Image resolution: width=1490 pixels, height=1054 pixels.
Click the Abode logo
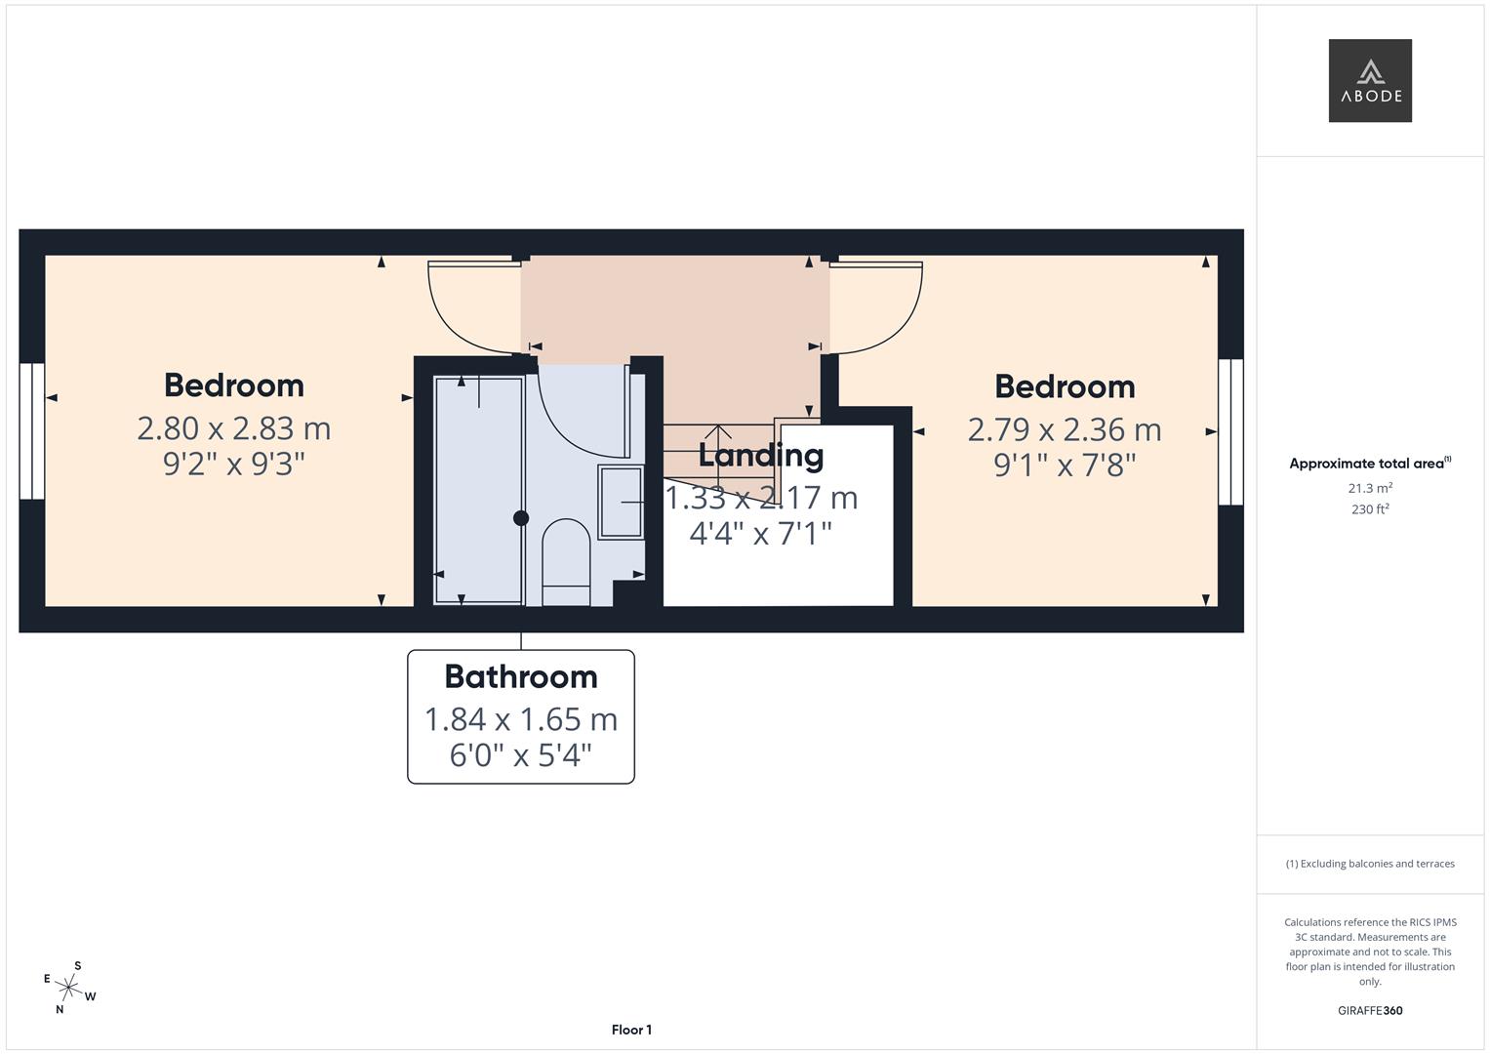pyautogui.click(x=1370, y=81)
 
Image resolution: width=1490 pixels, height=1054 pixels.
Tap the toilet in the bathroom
pyautogui.click(x=566, y=561)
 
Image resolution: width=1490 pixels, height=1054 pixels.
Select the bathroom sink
pyautogui.click(x=621, y=502)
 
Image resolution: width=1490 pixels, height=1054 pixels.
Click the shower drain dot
pyautogui.click(x=521, y=518)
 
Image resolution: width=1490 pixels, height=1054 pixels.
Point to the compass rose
pyautogui.click(x=69, y=987)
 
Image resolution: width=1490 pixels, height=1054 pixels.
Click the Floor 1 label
pyautogui.click(x=631, y=1030)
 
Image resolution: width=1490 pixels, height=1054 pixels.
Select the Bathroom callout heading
pyautogui.click(x=520, y=676)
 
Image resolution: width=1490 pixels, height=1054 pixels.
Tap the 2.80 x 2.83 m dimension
pyautogui.click(x=234, y=428)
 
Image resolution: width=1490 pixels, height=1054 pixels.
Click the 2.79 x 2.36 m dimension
pyautogui.click(x=1065, y=429)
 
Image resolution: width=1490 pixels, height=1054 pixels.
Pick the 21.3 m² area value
pyautogui.click(x=1370, y=488)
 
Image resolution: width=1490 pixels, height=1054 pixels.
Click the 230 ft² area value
pyautogui.click(x=1370, y=509)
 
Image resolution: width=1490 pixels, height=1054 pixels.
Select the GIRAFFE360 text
pyautogui.click(x=1370, y=1010)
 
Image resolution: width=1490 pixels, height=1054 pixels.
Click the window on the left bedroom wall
pyautogui.click(x=32, y=430)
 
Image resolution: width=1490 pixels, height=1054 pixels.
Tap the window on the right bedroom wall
pyautogui.click(x=1230, y=431)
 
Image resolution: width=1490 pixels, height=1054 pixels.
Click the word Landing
pyautogui.click(x=761, y=456)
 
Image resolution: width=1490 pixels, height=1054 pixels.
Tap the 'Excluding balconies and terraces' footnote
pyautogui.click(x=1370, y=864)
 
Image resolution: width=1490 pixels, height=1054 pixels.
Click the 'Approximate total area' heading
pyautogui.click(x=1368, y=464)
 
